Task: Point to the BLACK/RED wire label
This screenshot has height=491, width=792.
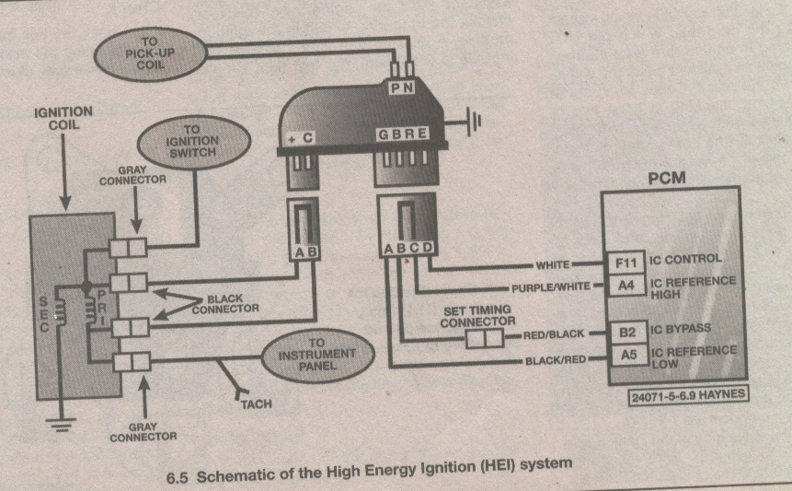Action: pos(553,360)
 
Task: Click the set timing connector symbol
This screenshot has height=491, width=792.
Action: pos(485,339)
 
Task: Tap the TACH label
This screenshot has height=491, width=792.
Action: pos(257,403)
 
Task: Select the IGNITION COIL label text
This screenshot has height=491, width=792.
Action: pos(63,119)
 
